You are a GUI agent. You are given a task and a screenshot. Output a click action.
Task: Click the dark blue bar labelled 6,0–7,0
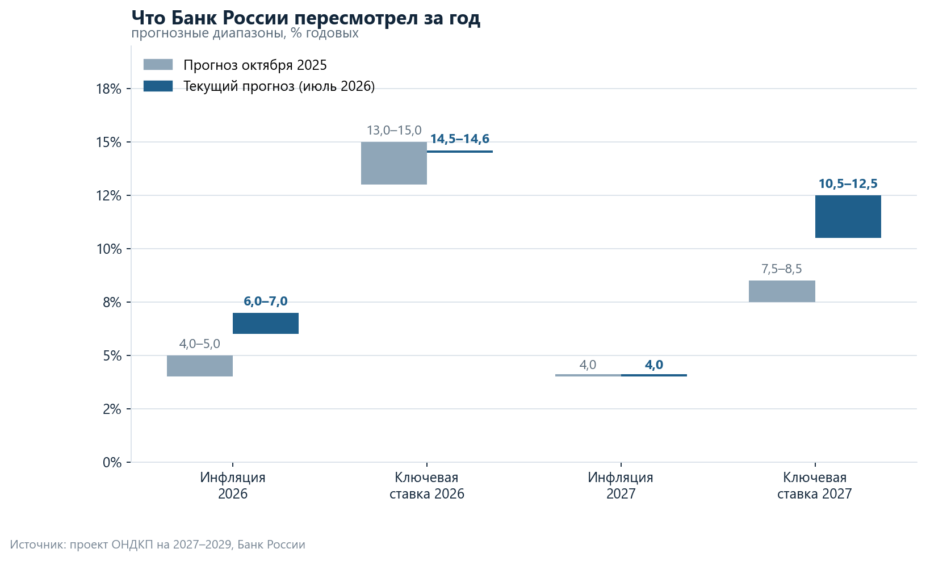tap(265, 323)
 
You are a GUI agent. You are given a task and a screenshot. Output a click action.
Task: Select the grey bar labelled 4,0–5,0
tap(200, 366)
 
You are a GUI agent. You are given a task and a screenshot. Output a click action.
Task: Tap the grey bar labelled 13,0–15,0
tap(394, 164)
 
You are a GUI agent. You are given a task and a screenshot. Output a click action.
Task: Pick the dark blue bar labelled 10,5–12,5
tap(848, 217)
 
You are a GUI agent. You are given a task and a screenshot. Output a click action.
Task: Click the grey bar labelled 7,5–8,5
tap(782, 291)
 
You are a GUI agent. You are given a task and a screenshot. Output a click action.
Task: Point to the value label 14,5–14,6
tap(460, 139)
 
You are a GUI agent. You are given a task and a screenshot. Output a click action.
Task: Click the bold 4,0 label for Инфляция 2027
tap(654, 365)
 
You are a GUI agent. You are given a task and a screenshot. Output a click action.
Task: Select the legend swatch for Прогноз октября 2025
tap(158, 65)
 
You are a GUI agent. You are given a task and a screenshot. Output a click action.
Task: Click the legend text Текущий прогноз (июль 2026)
tap(279, 86)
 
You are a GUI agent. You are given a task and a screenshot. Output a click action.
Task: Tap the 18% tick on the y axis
tap(128, 89)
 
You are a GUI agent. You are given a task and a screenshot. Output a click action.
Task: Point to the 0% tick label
tap(112, 462)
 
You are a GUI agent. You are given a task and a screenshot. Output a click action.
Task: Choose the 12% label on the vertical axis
tap(108, 195)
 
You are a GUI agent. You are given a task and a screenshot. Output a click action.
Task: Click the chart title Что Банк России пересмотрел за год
tap(306, 18)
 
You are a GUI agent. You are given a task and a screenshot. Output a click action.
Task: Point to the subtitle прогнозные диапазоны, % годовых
tap(245, 33)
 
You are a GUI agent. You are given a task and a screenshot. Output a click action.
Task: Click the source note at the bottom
tap(157, 545)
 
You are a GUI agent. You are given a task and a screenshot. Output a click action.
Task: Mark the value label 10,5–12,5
tap(848, 183)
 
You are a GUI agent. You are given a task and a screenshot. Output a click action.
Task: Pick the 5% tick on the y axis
tap(128, 355)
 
